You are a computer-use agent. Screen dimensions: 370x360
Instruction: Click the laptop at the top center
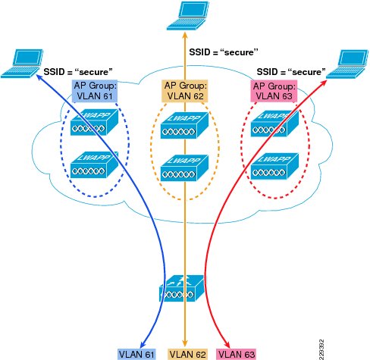188,16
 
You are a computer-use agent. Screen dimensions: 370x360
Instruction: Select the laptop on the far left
22,64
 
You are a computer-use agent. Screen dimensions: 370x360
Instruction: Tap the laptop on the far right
347,64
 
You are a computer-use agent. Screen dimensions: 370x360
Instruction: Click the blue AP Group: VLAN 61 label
95,91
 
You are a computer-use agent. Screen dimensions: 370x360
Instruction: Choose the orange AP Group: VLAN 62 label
185,91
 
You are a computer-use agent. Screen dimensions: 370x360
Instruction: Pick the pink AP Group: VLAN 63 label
274,91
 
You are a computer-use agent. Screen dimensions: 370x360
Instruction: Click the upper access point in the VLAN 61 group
94,122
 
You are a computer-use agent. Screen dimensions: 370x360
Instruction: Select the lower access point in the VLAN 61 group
94,164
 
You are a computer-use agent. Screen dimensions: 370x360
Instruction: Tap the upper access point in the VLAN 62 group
184,125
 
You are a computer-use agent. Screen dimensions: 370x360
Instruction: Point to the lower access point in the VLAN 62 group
184,167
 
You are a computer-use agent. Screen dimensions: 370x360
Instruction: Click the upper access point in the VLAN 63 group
274,124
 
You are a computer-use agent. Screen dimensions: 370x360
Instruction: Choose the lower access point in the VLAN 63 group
274,166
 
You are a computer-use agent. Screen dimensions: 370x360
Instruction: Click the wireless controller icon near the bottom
181,288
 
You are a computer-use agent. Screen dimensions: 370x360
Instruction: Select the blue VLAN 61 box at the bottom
136,354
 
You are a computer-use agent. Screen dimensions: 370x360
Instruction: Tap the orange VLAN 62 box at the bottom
188,354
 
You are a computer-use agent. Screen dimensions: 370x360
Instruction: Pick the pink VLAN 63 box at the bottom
237,354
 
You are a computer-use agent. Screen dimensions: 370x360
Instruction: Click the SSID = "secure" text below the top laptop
224,52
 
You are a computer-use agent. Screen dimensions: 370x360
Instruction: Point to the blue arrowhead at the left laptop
40,77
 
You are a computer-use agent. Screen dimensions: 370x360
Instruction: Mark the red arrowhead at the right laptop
323,82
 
